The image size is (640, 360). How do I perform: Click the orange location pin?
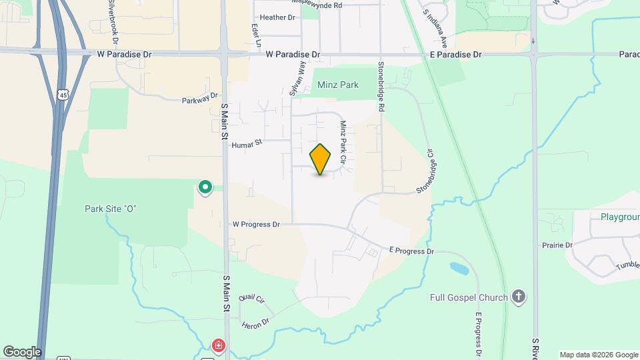click(321, 159)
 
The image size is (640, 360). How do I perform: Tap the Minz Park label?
click(338, 85)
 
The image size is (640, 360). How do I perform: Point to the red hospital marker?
click(218, 345)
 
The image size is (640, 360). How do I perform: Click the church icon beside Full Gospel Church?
click(519, 297)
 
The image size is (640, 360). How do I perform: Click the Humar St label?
click(247, 143)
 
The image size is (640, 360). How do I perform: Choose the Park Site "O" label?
click(111, 209)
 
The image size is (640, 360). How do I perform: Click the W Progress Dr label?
click(256, 225)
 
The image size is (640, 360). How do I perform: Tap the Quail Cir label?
click(251, 298)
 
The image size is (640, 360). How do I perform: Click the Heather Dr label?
click(277, 17)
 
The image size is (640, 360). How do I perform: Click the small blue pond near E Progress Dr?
click(458, 269)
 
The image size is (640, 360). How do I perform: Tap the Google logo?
click(22, 351)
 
